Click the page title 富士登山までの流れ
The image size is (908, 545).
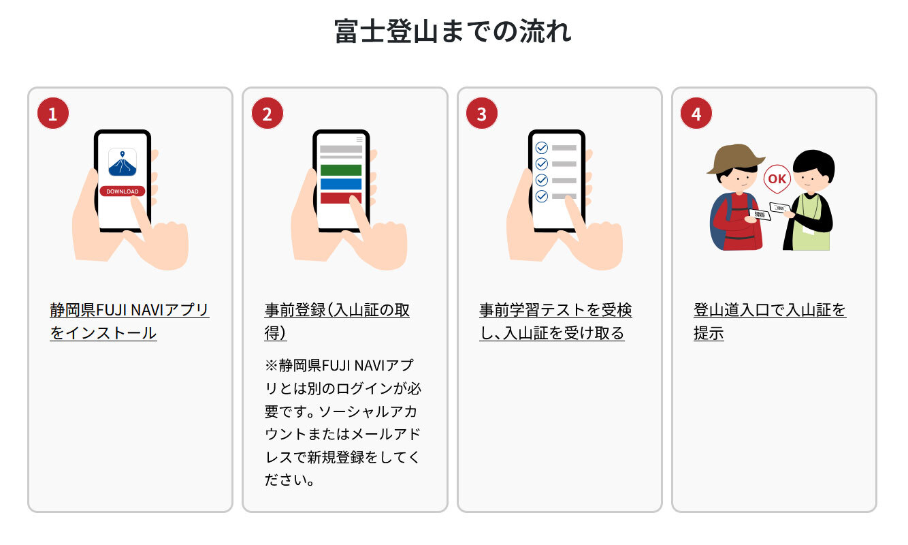(x=453, y=31)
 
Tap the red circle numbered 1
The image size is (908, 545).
(x=53, y=113)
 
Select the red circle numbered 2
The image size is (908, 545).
(x=267, y=113)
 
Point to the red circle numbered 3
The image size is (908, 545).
(x=482, y=113)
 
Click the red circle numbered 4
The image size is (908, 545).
(x=696, y=113)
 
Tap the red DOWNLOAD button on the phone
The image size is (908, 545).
(x=123, y=191)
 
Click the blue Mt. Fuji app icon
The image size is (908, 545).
(x=123, y=162)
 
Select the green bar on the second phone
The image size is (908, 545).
(x=341, y=170)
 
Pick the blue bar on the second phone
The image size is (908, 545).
(x=341, y=184)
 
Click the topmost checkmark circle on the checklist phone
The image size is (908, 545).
(x=542, y=148)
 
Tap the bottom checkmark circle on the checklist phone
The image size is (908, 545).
(x=542, y=196)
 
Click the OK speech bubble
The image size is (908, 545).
(x=777, y=179)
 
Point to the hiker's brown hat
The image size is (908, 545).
(x=736, y=158)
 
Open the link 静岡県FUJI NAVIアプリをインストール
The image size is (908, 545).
(x=129, y=322)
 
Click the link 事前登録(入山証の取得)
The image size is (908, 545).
(x=337, y=322)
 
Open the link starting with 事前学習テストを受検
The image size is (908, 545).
(x=555, y=322)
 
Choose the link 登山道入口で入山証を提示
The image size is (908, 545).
(x=770, y=322)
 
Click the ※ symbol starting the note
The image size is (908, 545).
(x=271, y=365)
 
